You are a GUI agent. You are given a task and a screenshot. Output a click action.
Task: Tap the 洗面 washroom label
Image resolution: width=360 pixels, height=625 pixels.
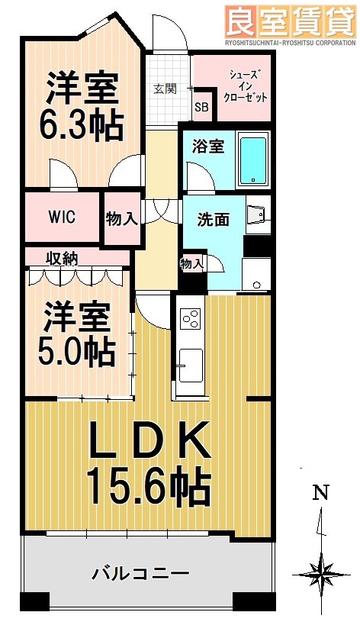pos(213,219)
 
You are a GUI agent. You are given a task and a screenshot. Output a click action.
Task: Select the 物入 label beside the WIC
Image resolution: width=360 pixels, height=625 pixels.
pos(122,219)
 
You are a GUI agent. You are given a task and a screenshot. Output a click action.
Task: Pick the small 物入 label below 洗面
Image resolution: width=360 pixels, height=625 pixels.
pos(192,263)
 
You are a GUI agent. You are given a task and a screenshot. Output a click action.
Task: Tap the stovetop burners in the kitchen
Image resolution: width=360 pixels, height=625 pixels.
pos(189,319)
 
